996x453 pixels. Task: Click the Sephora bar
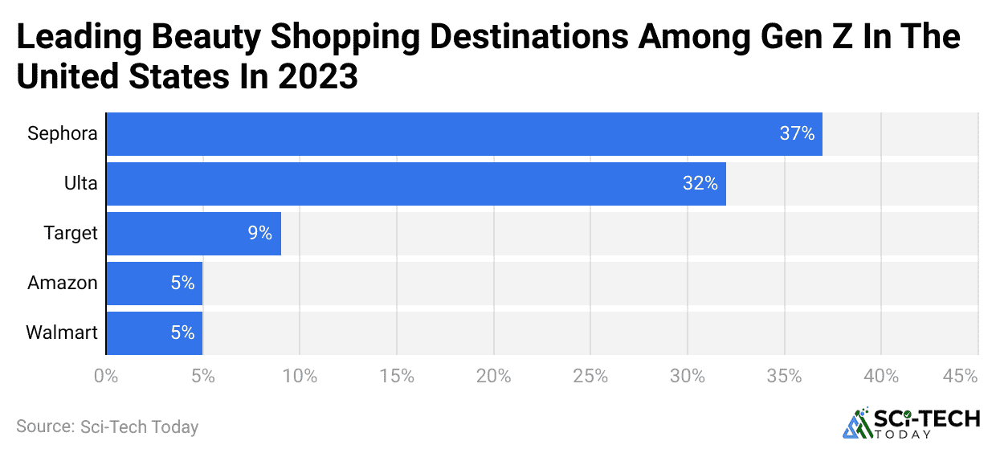[x=464, y=134]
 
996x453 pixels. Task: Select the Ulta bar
[x=416, y=184]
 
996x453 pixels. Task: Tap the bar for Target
[x=194, y=234]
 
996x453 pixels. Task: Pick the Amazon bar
[x=154, y=283]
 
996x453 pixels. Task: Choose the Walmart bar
[x=154, y=333]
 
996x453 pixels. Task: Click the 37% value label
[x=797, y=134]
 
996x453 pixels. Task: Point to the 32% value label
[x=700, y=184]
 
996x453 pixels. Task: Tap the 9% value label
[x=259, y=234]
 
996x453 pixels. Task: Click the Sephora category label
[x=63, y=134]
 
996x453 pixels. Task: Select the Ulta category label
[x=81, y=184]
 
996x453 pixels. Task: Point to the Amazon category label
[x=63, y=283]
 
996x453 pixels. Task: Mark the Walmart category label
[x=62, y=333]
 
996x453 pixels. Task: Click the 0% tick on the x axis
[x=105, y=376]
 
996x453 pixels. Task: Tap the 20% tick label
[x=493, y=376]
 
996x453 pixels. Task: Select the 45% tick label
[x=960, y=376]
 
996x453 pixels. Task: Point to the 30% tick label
[x=688, y=376]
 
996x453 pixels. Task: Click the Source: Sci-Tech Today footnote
[x=107, y=426]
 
